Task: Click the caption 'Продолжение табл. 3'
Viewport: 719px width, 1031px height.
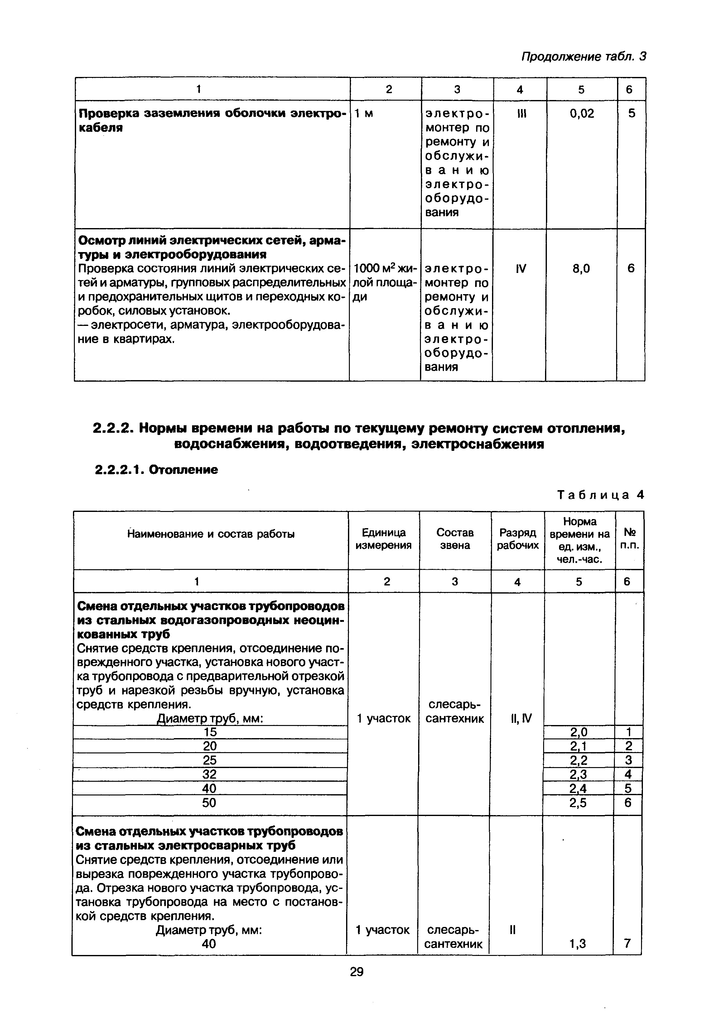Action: [x=583, y=57]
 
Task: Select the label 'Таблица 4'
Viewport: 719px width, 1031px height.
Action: [x=601, y=495]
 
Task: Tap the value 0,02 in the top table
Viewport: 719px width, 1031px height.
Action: [x=582, y=114]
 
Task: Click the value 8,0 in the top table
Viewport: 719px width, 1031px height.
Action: [x=581, y=269]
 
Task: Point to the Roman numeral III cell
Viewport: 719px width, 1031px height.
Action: [x=520, y=114]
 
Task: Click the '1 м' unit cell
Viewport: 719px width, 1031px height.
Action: [x=364, y=114]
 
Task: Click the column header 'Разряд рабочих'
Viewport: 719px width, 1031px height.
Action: [x=518, y=538]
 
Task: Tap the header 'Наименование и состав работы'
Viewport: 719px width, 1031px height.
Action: [x=211, y=534]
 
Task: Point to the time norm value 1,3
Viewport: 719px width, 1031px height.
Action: [x=577, y=943]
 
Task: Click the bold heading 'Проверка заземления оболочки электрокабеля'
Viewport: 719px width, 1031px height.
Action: [x=211, y=120]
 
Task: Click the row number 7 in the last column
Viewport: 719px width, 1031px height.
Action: [x=627, y=943]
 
